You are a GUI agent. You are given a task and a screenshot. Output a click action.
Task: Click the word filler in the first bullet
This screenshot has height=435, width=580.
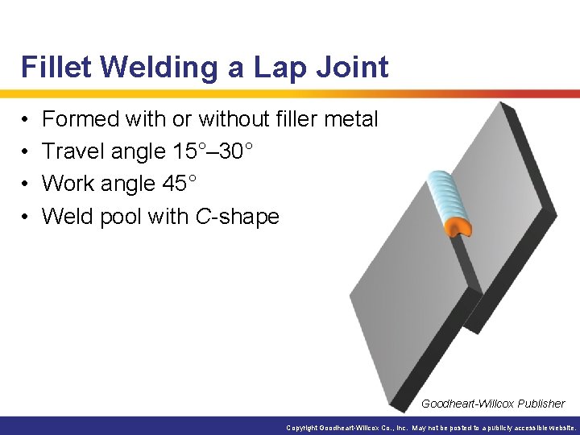coord(292,119)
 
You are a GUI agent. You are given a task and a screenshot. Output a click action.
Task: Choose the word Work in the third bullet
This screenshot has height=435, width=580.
coord(68,184)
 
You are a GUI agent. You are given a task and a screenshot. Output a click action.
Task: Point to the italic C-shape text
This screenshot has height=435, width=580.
coord(238,216)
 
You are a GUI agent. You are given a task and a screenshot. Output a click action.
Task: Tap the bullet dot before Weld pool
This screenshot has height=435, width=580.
coord(27,217)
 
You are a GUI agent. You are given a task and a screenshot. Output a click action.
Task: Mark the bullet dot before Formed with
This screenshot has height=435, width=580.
coord(27,120)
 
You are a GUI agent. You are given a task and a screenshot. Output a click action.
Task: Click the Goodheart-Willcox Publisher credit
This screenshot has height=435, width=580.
coord(493,404)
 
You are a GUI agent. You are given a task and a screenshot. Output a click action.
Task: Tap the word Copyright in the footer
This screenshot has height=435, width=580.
coord(302,428)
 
